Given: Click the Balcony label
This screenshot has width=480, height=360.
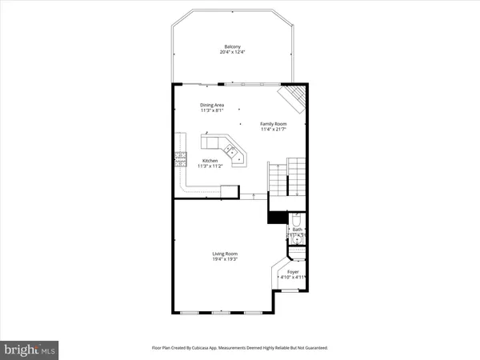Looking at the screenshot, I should [x=232, y=46].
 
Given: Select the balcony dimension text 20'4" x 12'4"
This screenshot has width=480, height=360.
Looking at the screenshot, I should [x=232, y=52].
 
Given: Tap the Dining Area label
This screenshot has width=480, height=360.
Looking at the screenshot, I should [x=212, y=105].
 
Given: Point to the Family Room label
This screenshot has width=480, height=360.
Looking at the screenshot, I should [x=273, y=124].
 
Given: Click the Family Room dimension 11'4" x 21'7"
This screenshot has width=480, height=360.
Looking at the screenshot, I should [x=273, y=130].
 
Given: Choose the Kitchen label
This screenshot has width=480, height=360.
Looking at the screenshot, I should [x=210, y=160].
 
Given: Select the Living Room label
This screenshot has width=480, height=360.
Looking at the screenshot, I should [x=225, y=254].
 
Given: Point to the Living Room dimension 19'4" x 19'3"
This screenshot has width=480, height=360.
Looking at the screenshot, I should [x=225, y=260].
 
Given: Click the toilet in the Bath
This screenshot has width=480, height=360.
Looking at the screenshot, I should [x=296, y=220].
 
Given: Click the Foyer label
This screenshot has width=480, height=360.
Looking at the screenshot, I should [x=293, y=271].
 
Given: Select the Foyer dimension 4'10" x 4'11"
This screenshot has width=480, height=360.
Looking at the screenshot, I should [x=293, y=278].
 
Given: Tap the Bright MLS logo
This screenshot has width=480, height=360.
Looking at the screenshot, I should [x=30, y=349].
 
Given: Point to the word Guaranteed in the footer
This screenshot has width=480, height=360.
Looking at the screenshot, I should [x=312, y=348].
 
